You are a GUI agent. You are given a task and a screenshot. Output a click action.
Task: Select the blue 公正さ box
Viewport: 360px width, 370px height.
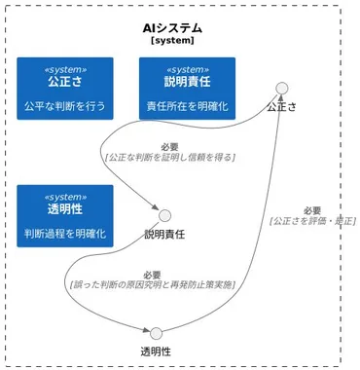64,88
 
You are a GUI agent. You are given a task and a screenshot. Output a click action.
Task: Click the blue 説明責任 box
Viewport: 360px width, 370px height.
187,88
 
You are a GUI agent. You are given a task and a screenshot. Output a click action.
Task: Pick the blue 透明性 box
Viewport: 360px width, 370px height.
64,215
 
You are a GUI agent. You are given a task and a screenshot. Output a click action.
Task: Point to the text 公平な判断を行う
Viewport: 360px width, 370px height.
64,105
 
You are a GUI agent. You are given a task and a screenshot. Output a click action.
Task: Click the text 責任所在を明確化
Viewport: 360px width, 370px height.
187,105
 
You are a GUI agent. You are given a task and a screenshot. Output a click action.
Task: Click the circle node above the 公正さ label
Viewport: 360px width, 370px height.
282,89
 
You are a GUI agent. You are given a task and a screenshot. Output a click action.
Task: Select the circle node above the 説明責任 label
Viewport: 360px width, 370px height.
164,215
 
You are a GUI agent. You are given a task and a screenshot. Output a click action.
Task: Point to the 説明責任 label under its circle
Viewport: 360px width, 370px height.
164,235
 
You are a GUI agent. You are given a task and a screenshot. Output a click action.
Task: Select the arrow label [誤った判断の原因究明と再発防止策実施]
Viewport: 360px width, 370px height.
152,285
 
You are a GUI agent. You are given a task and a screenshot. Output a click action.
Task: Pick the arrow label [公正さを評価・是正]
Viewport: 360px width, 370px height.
311,220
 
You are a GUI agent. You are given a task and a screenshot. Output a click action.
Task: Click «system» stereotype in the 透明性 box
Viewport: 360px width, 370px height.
64,196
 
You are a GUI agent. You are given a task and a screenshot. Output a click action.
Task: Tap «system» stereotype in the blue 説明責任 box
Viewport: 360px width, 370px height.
187,69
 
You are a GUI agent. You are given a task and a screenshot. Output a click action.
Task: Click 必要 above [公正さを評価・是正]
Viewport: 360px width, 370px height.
311,209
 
